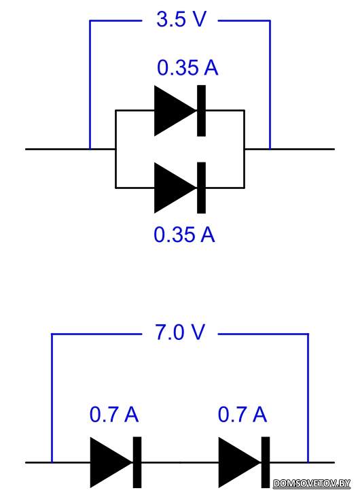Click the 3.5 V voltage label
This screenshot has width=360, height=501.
click(181, 19)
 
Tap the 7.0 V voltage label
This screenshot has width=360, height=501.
click(179, 332)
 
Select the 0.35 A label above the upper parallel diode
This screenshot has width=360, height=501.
click(187, 68)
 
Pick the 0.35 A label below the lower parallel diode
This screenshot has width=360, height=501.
click(185, 235)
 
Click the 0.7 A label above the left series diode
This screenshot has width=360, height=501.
click(114, 415)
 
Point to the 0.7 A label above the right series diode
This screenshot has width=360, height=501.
click(242, 415)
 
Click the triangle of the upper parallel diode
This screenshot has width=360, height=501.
click(175, 111)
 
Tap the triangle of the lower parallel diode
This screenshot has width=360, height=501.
click(175, 188)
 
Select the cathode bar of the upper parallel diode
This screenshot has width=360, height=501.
click(201, 111)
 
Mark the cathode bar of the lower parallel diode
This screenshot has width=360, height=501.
click(201, 188)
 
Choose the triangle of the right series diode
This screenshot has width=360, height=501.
click(239, 462)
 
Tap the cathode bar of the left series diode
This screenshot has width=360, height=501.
click(137, 462)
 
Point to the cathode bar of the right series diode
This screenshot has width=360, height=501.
click(266, 462)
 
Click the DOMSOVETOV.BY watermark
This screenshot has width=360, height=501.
click(312, 483)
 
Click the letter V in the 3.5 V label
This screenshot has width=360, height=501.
click(200, 19)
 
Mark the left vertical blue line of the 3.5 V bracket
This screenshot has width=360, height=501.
click(90, 85)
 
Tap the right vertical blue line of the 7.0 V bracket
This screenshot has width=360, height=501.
click(308, 398)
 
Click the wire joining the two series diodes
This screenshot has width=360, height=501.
click(180, 462)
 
